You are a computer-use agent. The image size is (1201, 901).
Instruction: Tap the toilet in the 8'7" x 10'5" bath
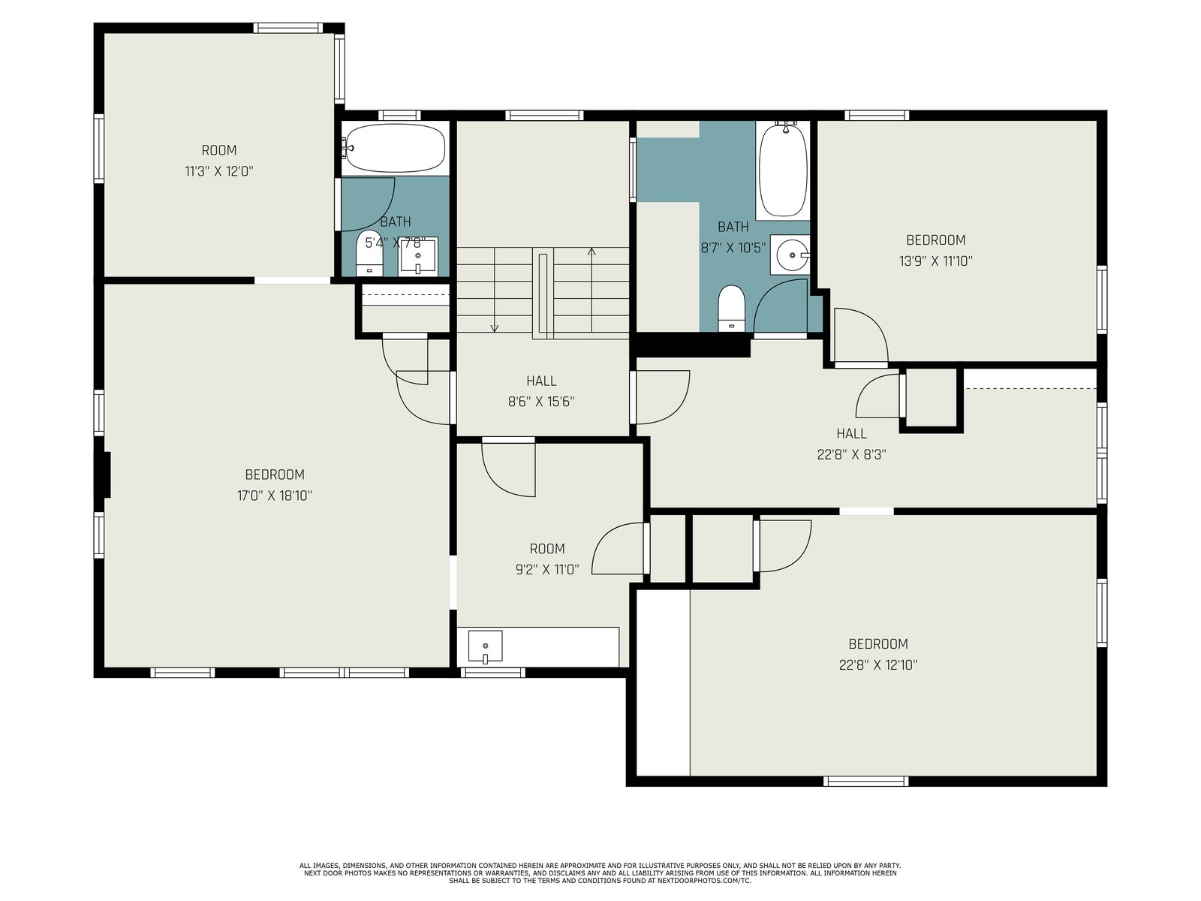[x=732, y=309]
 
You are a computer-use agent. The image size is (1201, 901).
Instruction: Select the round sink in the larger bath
[x=792, y=255]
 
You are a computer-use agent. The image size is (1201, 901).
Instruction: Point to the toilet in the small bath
[x=369, y=254]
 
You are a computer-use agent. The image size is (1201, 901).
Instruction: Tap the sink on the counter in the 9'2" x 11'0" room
[x=486, y=646]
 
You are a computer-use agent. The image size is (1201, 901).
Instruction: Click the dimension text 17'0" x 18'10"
[x=274, y=496]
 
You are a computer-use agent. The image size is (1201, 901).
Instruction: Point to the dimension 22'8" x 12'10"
[x=877, y=664]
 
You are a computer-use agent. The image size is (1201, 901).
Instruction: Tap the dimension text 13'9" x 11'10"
[x=935, y=261]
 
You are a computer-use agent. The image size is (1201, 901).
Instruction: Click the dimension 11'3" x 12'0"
[x=219, y=171]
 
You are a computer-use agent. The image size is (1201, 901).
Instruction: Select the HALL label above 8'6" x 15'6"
[x=541, y=381]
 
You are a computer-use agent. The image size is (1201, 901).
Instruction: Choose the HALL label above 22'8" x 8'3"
[x=851, y=433]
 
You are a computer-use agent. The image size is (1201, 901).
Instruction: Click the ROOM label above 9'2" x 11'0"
[x=547, y=548]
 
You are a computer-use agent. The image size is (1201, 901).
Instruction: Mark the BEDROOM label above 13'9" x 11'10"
[x=935, y=240]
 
